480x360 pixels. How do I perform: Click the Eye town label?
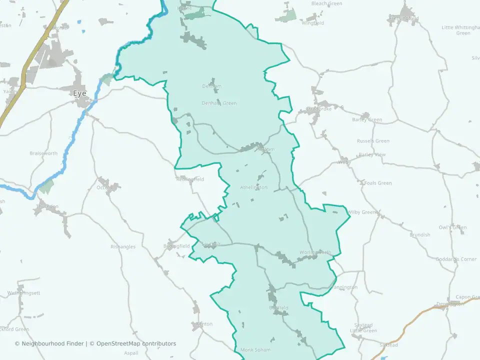click(x=79, y=93)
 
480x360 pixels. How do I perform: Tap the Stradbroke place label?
click(x=319, y=109)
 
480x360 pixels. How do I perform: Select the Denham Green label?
click(x=219, y=103)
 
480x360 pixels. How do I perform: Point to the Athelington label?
click(x=254, y=187)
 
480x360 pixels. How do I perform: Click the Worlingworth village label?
click(x=315, y=252)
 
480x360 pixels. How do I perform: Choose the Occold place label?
click(x=105, y=187)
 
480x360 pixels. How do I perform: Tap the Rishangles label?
click(x=123, y=246)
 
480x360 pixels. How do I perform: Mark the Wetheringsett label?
click(x=23, y=292)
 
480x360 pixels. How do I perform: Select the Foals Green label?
click(x=378, y=183)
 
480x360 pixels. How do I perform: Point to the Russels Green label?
click(x=373, y=141)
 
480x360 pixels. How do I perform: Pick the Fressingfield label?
click(x=404, y=18)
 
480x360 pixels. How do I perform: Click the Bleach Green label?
click(x=326, y=3)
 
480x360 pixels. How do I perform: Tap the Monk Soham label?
click(x=255, y=349)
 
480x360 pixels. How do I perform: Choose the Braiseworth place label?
click(x=43, y=153)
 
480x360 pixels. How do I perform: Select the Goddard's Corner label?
click(x=456, y=259)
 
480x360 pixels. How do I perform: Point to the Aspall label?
click(x=130, y=352)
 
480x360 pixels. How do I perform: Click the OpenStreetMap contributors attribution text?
click(x=136, y=343)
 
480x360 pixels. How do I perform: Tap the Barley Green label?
click(x=367, y=119)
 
